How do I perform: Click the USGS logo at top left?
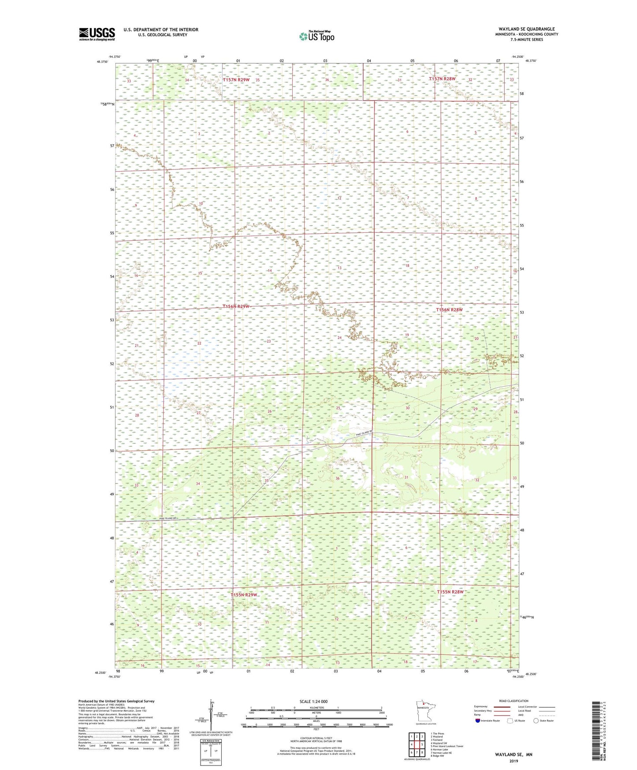coord(97,34)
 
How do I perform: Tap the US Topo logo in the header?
coord(317,36)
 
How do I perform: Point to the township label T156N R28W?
coord(449,310)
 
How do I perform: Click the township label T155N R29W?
coord(244,595)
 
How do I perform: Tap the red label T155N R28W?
coord(450,592)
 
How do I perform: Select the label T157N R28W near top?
coord(442,78)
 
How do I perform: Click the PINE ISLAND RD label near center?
coord(364,434)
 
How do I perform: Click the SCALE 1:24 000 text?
coord(313,701)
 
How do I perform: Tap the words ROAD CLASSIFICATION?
coord(514,701)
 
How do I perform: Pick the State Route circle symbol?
coord(536,721)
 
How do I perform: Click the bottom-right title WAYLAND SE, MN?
coord(513,755)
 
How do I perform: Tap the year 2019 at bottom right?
coord(514,761)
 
